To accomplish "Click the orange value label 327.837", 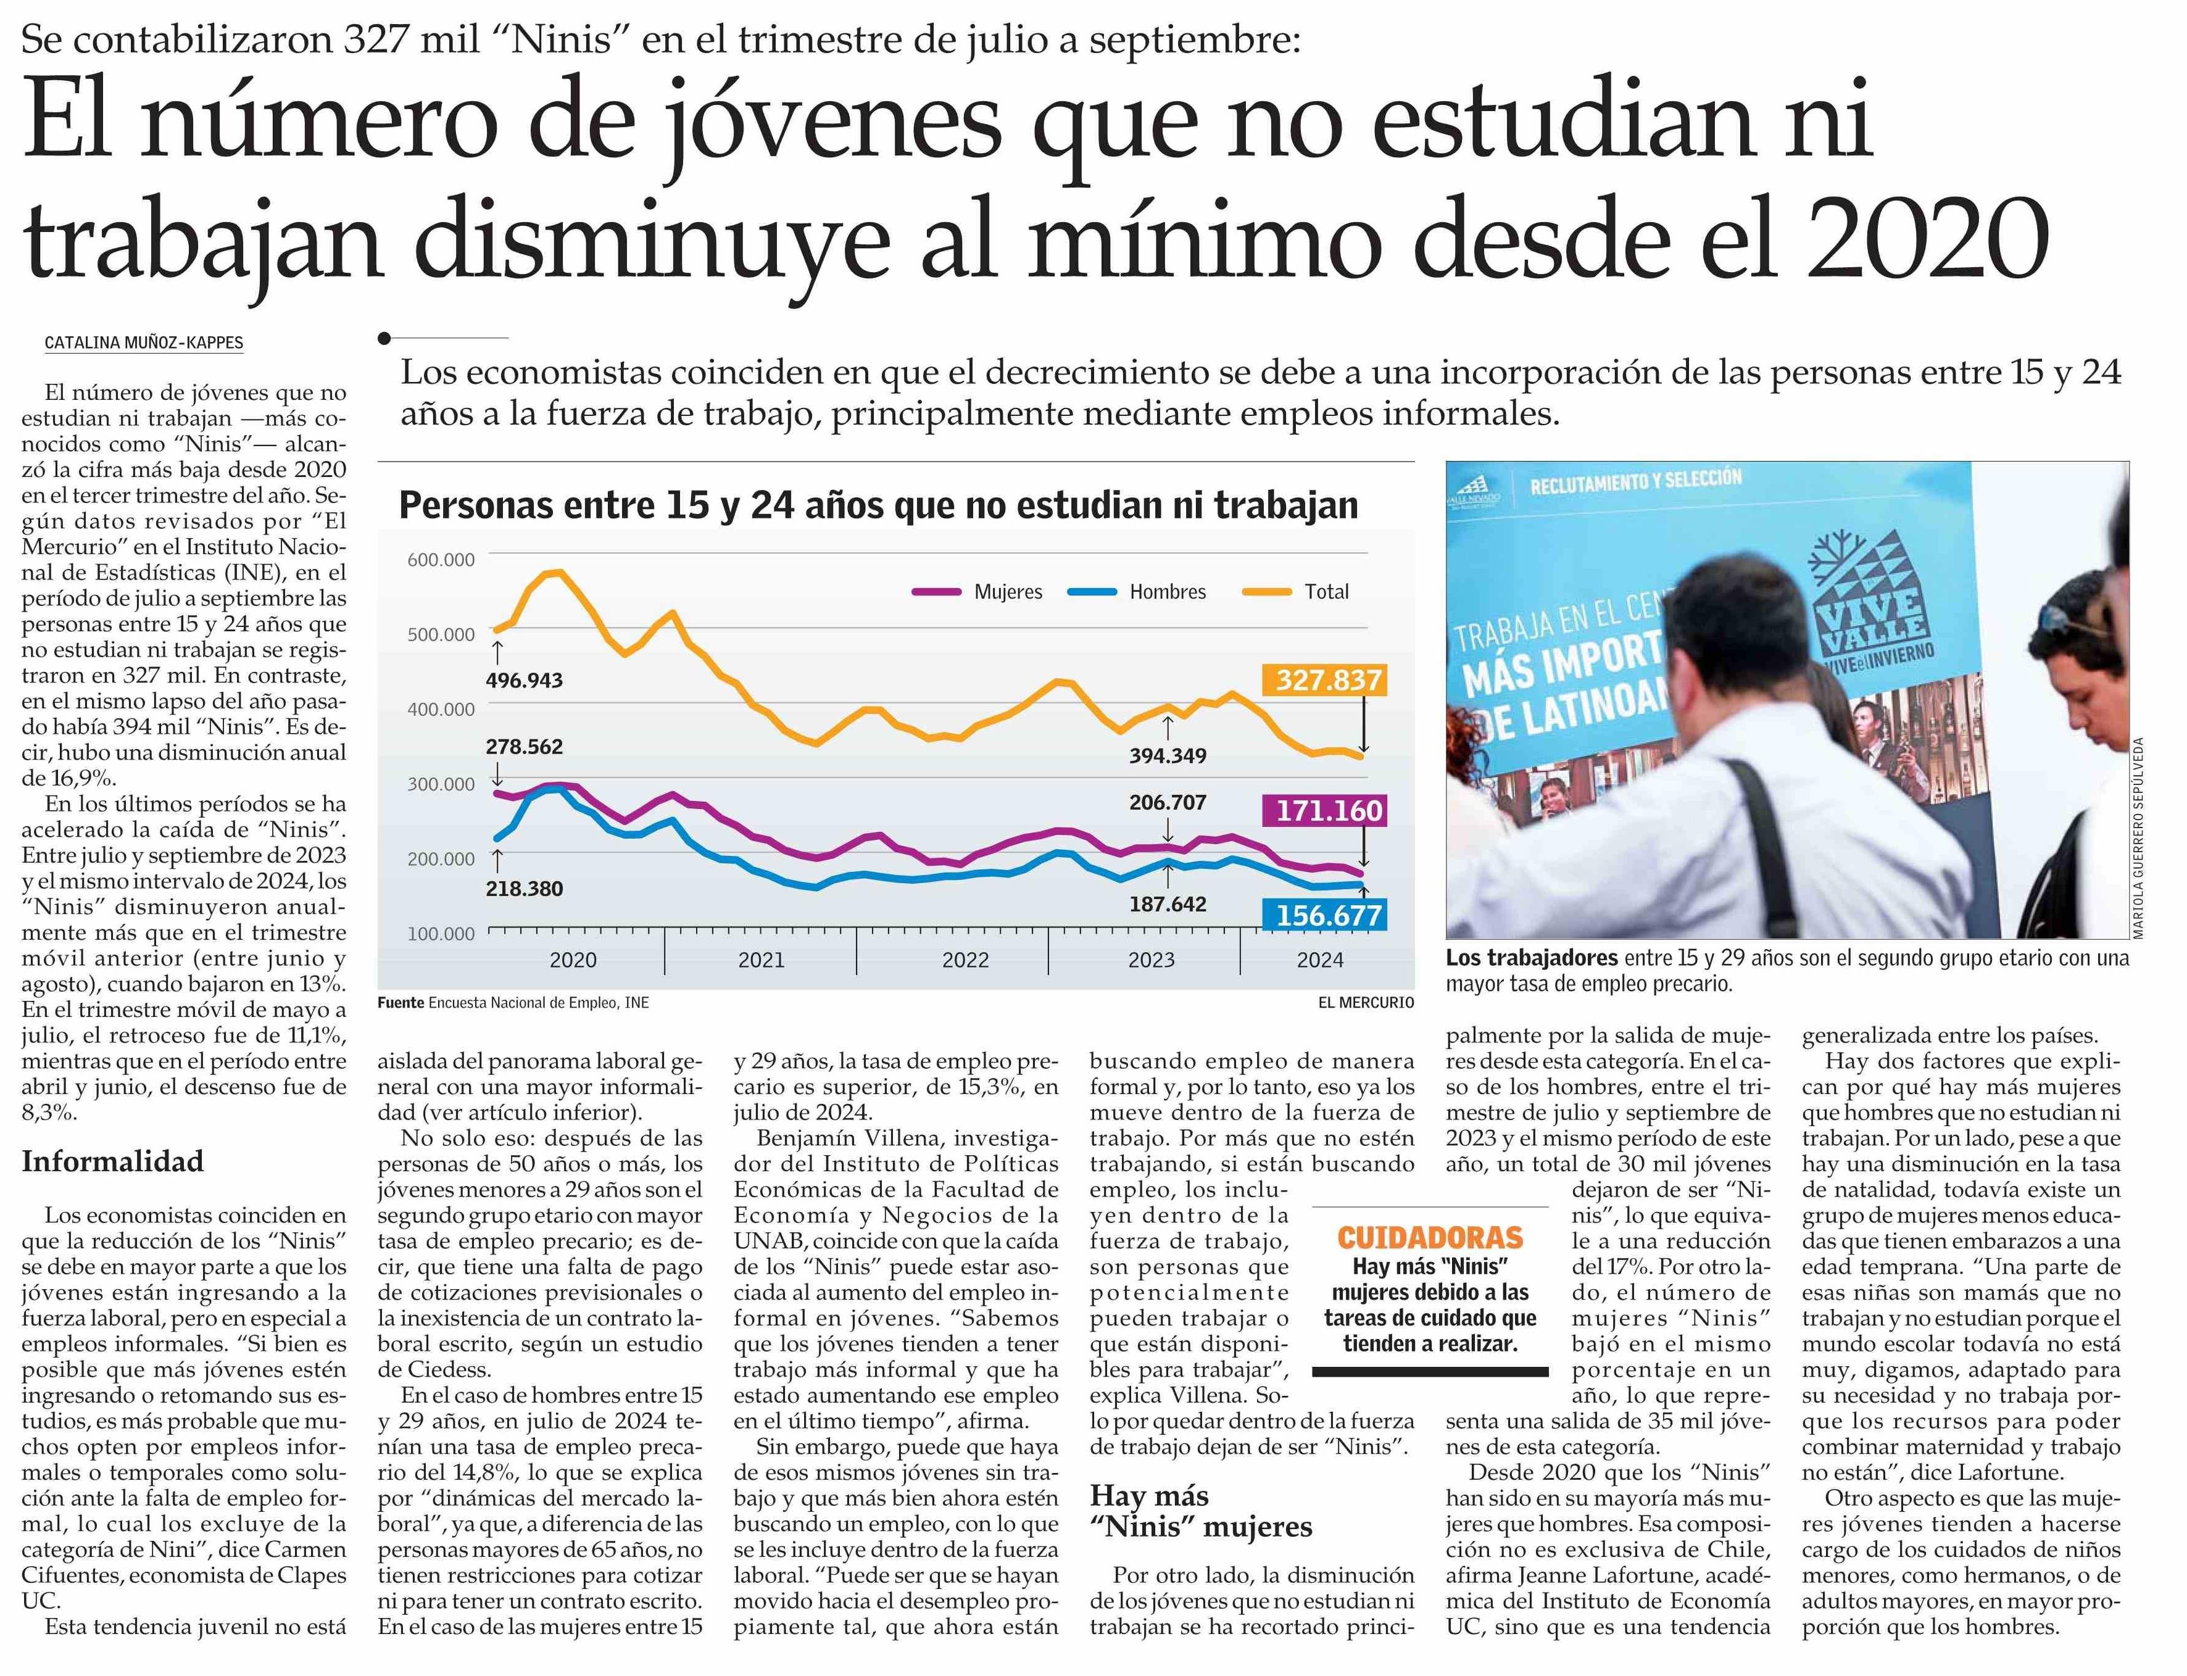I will [x=1329, y=681].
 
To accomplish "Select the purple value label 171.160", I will [x=1329, y=810].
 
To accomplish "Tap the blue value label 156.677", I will [x=1329, y=915].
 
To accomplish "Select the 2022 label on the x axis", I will [x=965, y=960].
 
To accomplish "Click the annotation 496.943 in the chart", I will [x=524, y=681].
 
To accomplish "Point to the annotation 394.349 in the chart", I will [x=1168, y=755].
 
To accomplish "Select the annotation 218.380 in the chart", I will [x=524, y=888].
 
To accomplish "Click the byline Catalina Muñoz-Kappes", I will [x=144, y=342].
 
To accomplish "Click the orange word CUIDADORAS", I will [x=1430, y=1238].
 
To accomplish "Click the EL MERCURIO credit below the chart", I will [x=1365, y=1003].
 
